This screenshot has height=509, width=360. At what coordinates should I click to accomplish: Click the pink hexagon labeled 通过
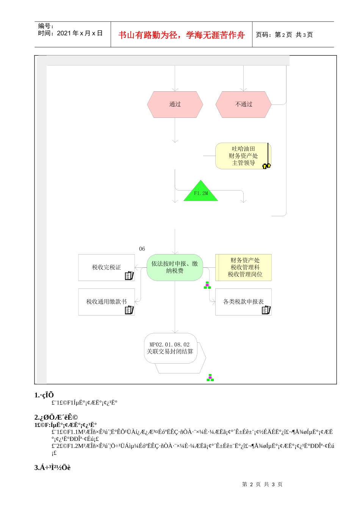(x=175, y=104)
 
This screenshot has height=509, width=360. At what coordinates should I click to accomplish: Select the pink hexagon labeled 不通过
(x=243, y=104)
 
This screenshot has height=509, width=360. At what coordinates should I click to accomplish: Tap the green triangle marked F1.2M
(x=201, y=192)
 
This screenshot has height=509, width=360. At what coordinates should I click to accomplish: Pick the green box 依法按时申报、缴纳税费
(x=175, y=267)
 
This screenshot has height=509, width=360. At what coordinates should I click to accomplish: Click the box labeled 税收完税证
(x=106, y=267)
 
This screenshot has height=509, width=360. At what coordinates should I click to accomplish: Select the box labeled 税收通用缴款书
(x=106, y=302)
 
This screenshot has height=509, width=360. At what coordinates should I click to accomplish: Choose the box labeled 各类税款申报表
(x=243, y=302)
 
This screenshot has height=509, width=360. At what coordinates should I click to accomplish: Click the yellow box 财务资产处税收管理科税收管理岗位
(x=245, y=267)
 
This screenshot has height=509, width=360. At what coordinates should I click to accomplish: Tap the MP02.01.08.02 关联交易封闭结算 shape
(x=171, y=348)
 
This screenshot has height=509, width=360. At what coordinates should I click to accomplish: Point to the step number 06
(x=142, y=249)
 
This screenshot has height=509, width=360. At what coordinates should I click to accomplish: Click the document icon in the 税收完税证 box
(x=129, y=276)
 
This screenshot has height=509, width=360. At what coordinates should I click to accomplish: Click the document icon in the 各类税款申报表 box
(x=266, y=310)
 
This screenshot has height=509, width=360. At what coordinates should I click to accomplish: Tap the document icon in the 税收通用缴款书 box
(x=129, y=310)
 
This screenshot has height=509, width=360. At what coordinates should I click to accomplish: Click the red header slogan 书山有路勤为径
(x=181, y=35)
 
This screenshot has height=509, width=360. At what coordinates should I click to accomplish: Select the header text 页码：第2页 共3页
(x=284, y=35)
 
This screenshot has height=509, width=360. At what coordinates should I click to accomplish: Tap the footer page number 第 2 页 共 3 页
(x=262, y=484)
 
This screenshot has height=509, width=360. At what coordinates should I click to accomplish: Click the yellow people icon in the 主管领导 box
(x=267, y=166)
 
